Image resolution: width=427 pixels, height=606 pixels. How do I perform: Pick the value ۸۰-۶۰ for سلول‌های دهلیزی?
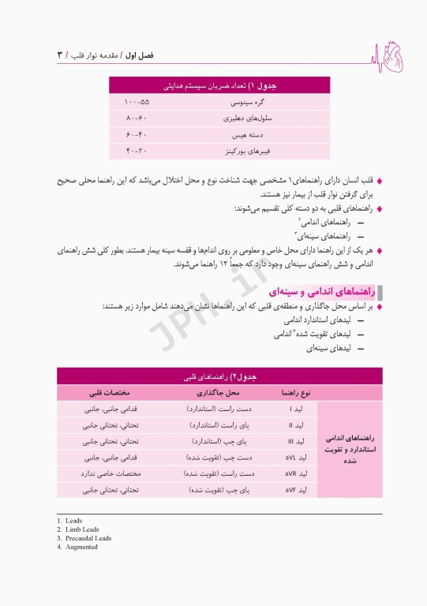point(137,118)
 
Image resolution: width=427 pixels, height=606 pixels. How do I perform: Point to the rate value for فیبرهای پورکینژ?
point(137,150)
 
